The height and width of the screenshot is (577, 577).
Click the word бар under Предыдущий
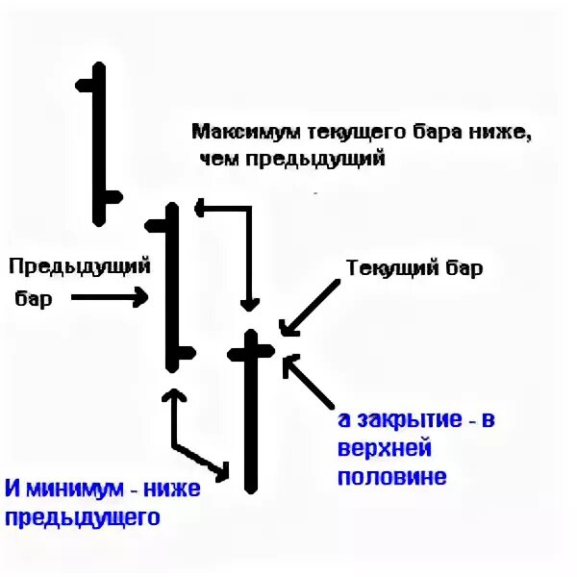(35, 299)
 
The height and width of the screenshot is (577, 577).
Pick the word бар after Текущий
(458, 268)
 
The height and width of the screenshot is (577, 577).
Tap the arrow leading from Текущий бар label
(310, 307)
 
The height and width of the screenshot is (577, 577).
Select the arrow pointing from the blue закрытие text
(310, 382)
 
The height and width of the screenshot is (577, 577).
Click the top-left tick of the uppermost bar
(87, 85)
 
